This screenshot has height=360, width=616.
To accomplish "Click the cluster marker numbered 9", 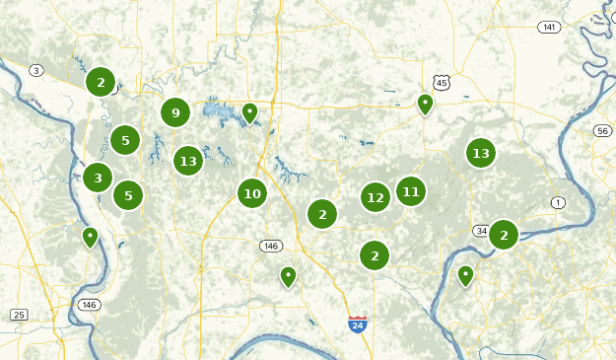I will point(175,112).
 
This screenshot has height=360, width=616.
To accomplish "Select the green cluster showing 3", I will point(97,179).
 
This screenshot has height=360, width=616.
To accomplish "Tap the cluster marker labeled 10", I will point(252,193).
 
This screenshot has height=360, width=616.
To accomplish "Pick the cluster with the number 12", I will point(375,197).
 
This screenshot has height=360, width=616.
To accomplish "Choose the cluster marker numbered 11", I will point(411,191).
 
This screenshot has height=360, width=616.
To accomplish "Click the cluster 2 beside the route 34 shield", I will point(504,235).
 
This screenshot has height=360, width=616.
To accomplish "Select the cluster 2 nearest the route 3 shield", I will point(100,82).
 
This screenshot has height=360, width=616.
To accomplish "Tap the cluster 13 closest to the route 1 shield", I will point(481,153).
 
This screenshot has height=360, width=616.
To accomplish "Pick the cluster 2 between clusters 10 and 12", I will point(322,213).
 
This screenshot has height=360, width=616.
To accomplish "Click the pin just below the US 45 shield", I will point(425,104).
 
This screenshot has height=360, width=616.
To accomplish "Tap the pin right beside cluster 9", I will point(250,113).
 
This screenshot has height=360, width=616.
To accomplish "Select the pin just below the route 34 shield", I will point(465,275).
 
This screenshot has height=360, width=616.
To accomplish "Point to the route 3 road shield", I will point(36,70).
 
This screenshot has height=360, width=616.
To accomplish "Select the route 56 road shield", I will point(603,130).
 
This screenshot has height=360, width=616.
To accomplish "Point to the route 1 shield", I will point(559,202).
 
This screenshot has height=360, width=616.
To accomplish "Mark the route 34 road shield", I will point(481,231).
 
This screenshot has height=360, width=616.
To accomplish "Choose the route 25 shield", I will point(19,315).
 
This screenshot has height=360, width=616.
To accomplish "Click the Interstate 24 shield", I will point(357,324).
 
